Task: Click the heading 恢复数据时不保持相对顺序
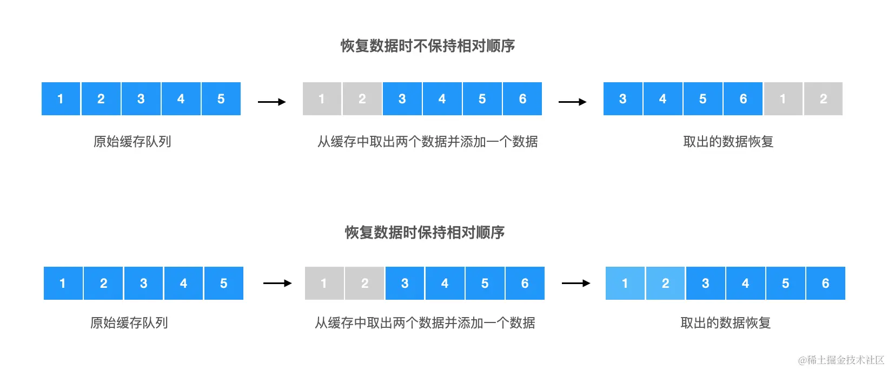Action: coord(427,46)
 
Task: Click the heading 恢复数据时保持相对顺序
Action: coord(425,233)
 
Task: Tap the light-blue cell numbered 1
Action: coord(625,283)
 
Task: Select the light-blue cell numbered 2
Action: coord(665,283)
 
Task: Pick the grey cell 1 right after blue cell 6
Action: coord(783,98)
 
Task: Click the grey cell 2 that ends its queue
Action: coord(823,98)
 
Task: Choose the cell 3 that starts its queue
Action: coord(623,98)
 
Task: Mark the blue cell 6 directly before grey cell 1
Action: coord(743,98)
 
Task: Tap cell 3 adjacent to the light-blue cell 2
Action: coord(705,283)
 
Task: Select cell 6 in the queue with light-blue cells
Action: coord(825,283)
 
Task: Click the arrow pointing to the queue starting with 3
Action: coord(572,102)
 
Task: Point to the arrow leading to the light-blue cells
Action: coord(576,283)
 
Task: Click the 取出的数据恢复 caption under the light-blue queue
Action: coord(725,323)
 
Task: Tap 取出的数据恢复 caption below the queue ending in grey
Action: coord(728,142)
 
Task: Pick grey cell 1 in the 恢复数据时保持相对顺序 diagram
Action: coord(324,283)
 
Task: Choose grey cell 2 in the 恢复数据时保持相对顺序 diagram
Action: coord(365,283)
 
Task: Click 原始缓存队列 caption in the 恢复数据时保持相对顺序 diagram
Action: coord(129,323)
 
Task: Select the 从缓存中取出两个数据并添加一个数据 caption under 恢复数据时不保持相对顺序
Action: coord(427,142)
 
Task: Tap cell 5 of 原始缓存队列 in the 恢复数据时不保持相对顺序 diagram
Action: coord(221,98)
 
